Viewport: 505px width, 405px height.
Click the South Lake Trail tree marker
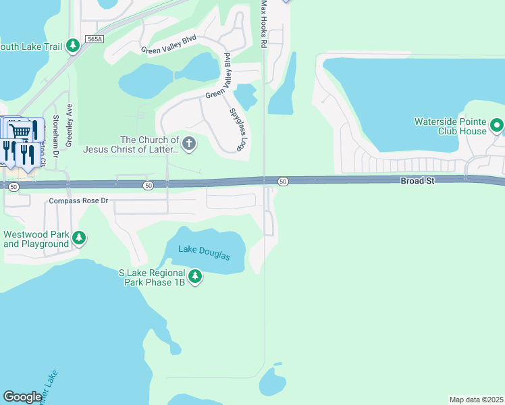tap(73, 47)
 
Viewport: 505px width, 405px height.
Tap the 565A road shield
tap(95, 40)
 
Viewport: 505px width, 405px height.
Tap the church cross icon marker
tap(189, 142)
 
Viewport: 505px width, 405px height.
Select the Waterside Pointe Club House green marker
tap(497, 126)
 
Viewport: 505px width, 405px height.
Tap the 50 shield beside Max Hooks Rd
tap(283, 181)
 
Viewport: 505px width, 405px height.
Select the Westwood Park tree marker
tap(80, 238)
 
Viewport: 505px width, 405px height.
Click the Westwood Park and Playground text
tap(36, 239)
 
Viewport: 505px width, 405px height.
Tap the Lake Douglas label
tap(204, 252)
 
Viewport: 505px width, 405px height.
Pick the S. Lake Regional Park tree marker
tap(195, 276)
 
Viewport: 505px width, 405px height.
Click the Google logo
tap(22, 397)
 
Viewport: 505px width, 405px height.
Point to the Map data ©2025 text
tap(476, 400)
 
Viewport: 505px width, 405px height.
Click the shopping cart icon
tap(21, 130)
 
